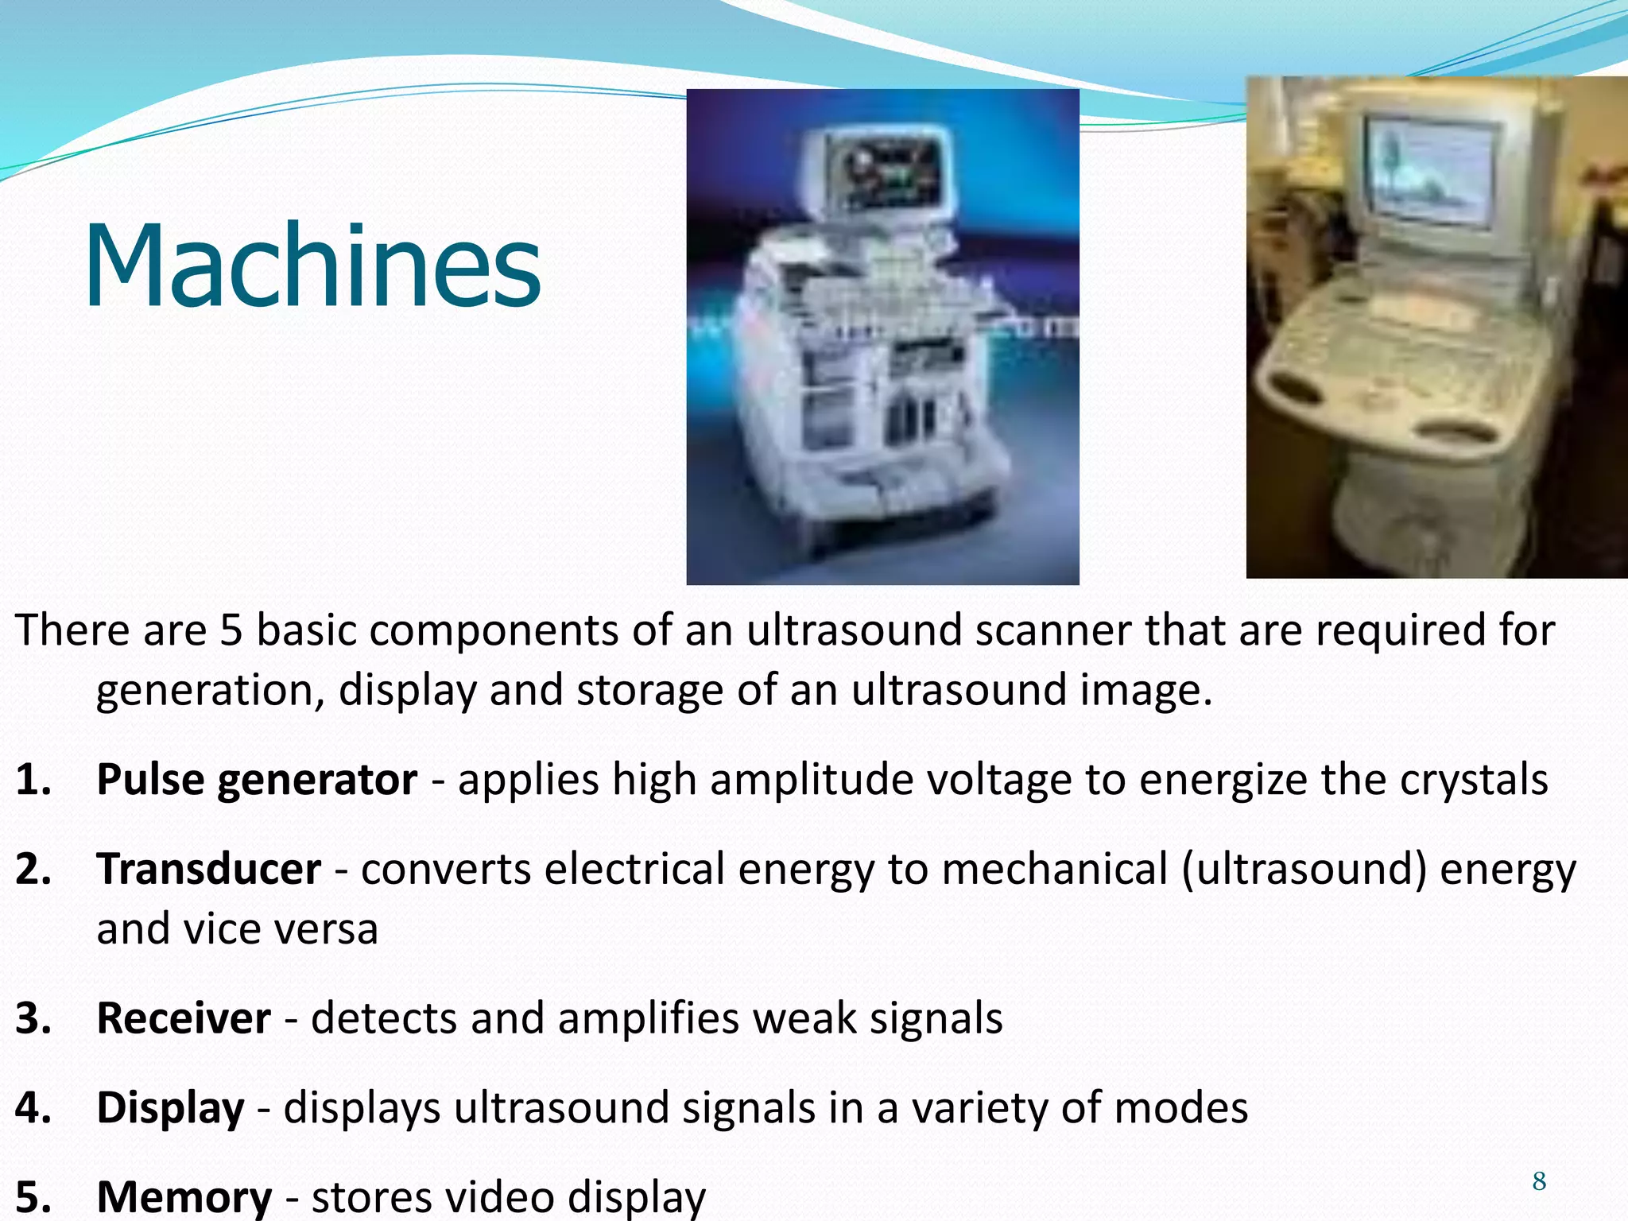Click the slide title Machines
click(312, 266)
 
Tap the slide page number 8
click(1539, 1181)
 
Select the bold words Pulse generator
click(257, 780)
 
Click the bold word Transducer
click(209, 869)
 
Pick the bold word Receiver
click(184, 1018)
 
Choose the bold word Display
click(170, 1108)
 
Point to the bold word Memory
click(184, 1196)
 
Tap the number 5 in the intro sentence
click(231, 630)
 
